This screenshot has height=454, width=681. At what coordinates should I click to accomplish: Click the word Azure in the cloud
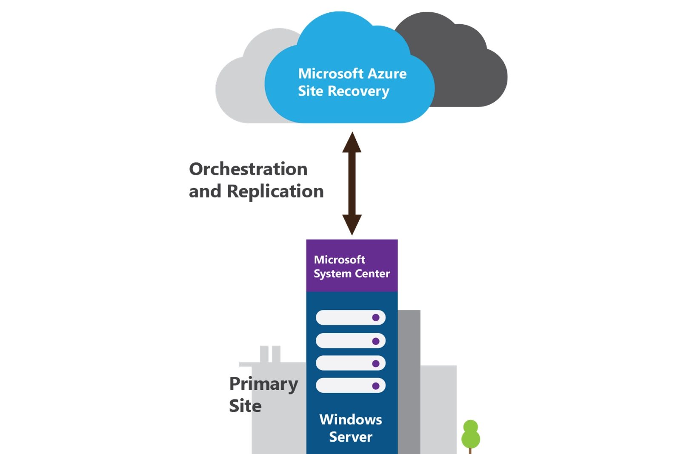(387, 74)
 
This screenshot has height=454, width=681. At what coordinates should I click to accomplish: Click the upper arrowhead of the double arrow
(352, 143)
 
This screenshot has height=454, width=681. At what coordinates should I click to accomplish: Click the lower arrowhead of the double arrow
(352, 224)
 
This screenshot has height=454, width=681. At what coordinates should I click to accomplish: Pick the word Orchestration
(248, 169)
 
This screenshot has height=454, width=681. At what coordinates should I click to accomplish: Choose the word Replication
(275, 191)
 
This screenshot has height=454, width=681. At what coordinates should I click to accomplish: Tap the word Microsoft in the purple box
(339, 260)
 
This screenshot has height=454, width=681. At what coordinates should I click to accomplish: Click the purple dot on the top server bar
(375, 317)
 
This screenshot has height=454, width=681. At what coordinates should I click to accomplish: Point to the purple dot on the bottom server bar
(375, 386)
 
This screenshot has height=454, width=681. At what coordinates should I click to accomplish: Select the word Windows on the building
(351, 420)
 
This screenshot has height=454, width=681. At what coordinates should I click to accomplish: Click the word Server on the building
(351, 437)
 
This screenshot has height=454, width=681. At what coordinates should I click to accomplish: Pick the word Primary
(263, 384)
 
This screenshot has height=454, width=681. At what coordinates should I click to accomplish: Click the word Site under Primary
(245, 406)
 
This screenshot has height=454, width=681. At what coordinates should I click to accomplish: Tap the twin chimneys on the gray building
(270, 354)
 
